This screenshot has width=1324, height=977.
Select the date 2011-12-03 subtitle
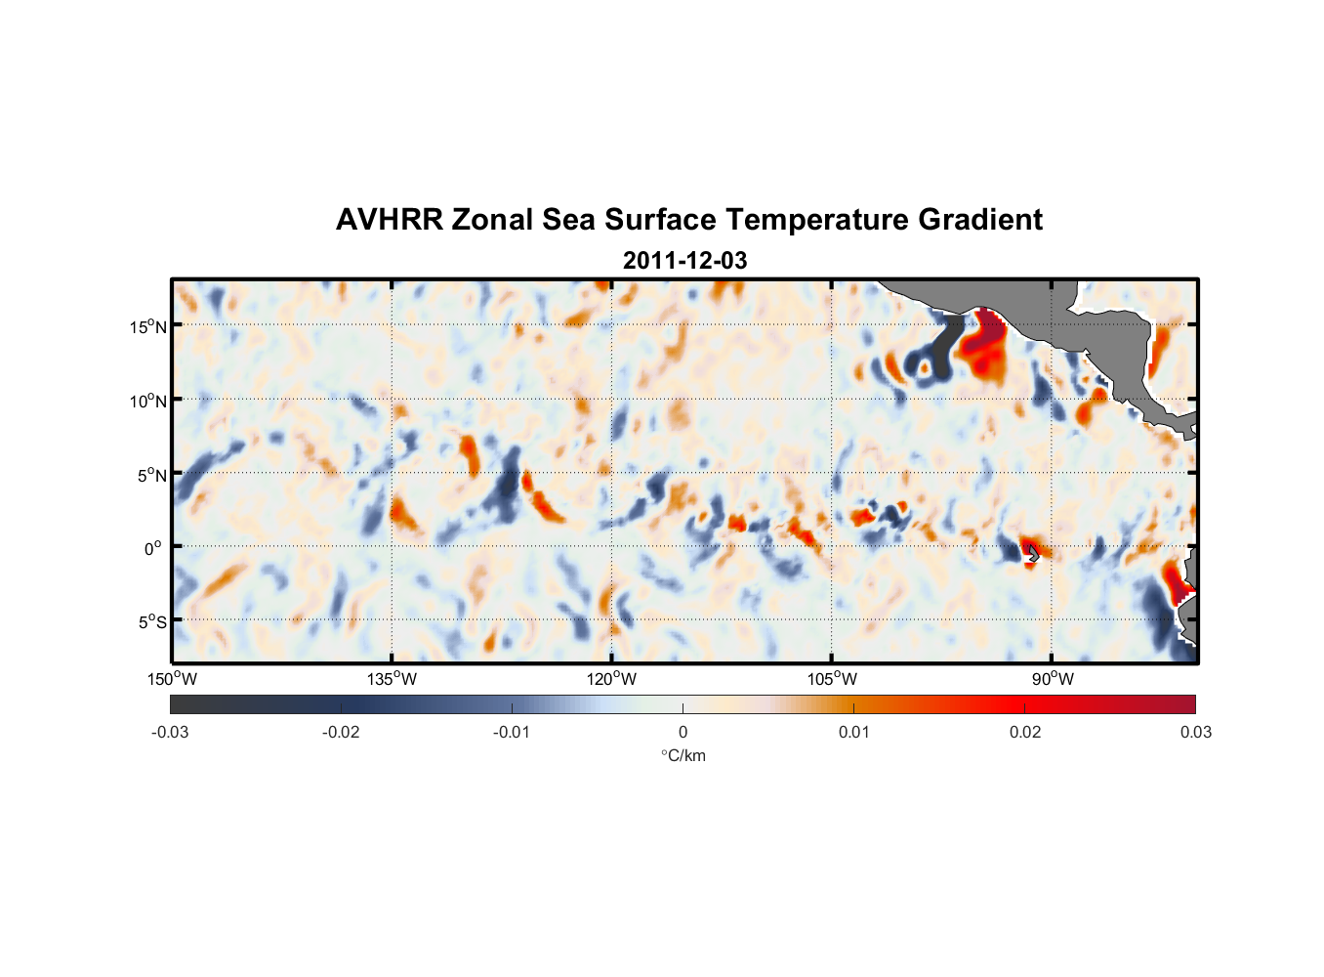pyautogui.click(x=684, y=261)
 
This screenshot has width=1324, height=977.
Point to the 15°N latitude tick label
pyautogui.click(x=147, y=326)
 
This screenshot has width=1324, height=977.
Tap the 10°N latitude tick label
pyautogui.click(x=147, y=401)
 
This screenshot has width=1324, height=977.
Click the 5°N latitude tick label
pyautogui.click(x=150, y=475)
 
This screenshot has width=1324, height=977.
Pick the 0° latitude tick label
pyautogui.click(x=153, y=549)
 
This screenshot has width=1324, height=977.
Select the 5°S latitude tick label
pyautogui.click(x=150, y=622)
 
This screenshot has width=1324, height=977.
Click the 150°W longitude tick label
pyautogui.click(x=172, y=679)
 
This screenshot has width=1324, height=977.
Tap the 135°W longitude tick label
pyautogui.click(x=392, y=679)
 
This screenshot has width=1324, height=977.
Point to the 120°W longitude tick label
pyautogui.click(x=611, y=679)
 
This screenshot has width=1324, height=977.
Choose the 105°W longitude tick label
pyautogui.click(x=832, y=679)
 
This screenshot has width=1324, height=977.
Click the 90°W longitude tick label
pyautogui.click(x=1053, y=679)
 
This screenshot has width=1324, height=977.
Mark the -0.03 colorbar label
pyautogui.click(x=170, y=733)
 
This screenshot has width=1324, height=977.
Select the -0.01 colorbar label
pyautogui.click(x=512, y=733)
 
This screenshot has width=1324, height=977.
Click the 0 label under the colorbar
pyautogui.click(x=683, y=733)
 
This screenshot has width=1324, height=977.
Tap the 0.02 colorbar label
pyautogui.click(x=1025, y=733)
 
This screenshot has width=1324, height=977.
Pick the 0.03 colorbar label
pyautogui.click(x=1195, y=733)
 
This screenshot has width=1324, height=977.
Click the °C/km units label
pyautogui.click(x=683, y=755)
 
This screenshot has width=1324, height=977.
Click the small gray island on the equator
pyautogui.click(x=1033, y=554)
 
